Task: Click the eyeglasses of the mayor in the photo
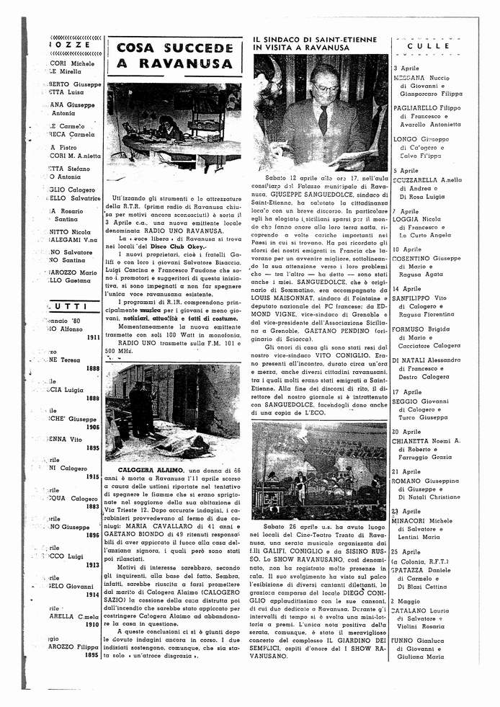[326, 89]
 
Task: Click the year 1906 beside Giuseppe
[92, 427]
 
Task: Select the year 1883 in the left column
[92, 506]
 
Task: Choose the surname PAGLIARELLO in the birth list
[419, 107]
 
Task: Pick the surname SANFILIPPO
[420, 298]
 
